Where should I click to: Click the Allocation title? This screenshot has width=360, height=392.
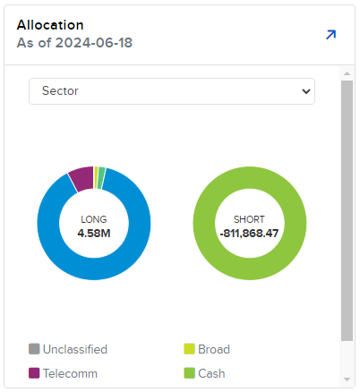[49, 25]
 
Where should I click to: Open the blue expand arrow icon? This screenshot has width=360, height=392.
[330, 35]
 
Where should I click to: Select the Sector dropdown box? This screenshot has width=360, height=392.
[171, 91]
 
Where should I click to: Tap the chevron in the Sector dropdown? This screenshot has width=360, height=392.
[306, 91]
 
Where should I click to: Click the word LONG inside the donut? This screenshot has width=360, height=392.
[94, 218]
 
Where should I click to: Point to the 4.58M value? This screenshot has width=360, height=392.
[94, 233]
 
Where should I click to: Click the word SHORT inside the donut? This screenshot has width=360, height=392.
[250, 218]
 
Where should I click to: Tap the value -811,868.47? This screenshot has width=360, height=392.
[250, 233]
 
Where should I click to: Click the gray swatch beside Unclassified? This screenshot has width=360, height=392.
[34, 349]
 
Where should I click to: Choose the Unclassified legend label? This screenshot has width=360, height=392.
[75, 349]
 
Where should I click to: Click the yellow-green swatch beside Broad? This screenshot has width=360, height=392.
[189, 349]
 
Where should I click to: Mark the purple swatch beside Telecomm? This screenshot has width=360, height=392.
[34, 373]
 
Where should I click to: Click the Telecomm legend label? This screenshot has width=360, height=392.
[70, 373]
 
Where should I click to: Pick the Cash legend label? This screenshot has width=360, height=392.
[212, 373]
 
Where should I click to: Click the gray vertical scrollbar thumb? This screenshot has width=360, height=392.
[347, 210]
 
